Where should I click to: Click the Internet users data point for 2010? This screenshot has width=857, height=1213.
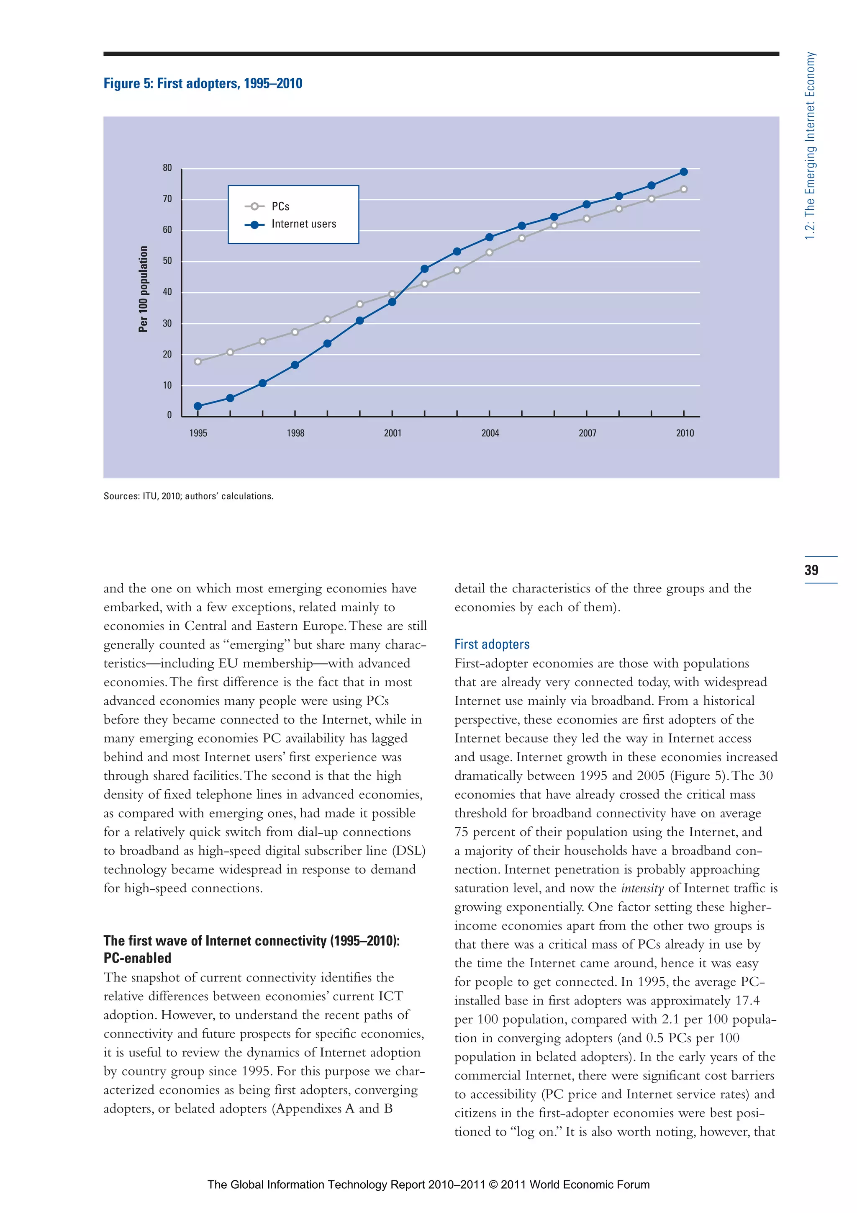(683, 172)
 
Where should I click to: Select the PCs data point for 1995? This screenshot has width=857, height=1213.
(198, 361)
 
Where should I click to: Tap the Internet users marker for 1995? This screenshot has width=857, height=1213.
(198, 406)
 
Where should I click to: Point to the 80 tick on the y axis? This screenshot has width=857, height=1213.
(167, 168)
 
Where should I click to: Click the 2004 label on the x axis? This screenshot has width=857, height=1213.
(490, 433)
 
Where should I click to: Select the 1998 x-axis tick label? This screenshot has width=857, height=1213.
(295, 433)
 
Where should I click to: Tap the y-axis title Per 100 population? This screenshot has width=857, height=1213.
(143, 289)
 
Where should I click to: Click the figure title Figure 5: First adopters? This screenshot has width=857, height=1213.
(203, 83)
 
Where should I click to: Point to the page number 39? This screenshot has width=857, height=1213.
(811, 570)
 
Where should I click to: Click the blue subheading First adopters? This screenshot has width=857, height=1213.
(492, 644)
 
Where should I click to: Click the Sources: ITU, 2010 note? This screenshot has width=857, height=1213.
(188, 496)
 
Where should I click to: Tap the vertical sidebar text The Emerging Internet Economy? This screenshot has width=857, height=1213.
(810, 146)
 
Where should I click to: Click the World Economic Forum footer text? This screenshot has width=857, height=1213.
(428, 1185)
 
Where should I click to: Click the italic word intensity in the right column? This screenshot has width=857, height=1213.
(642, 889)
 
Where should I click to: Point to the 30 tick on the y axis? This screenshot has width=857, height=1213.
(167, 323)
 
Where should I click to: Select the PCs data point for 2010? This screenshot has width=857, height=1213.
(683, 189)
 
